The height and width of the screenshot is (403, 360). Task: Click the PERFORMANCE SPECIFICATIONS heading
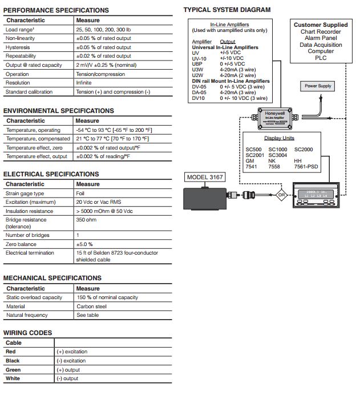point(56,10)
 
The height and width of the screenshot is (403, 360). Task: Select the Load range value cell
point(103,29)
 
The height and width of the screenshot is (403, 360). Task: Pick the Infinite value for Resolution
point(85,83)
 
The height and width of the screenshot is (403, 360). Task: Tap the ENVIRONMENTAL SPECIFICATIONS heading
point(59,111)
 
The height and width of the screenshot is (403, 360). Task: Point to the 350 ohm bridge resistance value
point(87,219)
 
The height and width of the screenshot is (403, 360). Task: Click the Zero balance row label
point(21,244)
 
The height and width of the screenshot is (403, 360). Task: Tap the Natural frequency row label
point(27,315)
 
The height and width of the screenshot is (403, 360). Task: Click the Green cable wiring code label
point(13,370)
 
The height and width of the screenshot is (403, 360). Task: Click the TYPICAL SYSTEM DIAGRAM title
point(227,10)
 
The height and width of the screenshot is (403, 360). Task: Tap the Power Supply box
point(318,86)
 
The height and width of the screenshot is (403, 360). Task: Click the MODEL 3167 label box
point(205,177)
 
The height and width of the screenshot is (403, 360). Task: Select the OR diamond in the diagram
point(281,195)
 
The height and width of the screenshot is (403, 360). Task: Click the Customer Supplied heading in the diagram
point(321,25)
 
